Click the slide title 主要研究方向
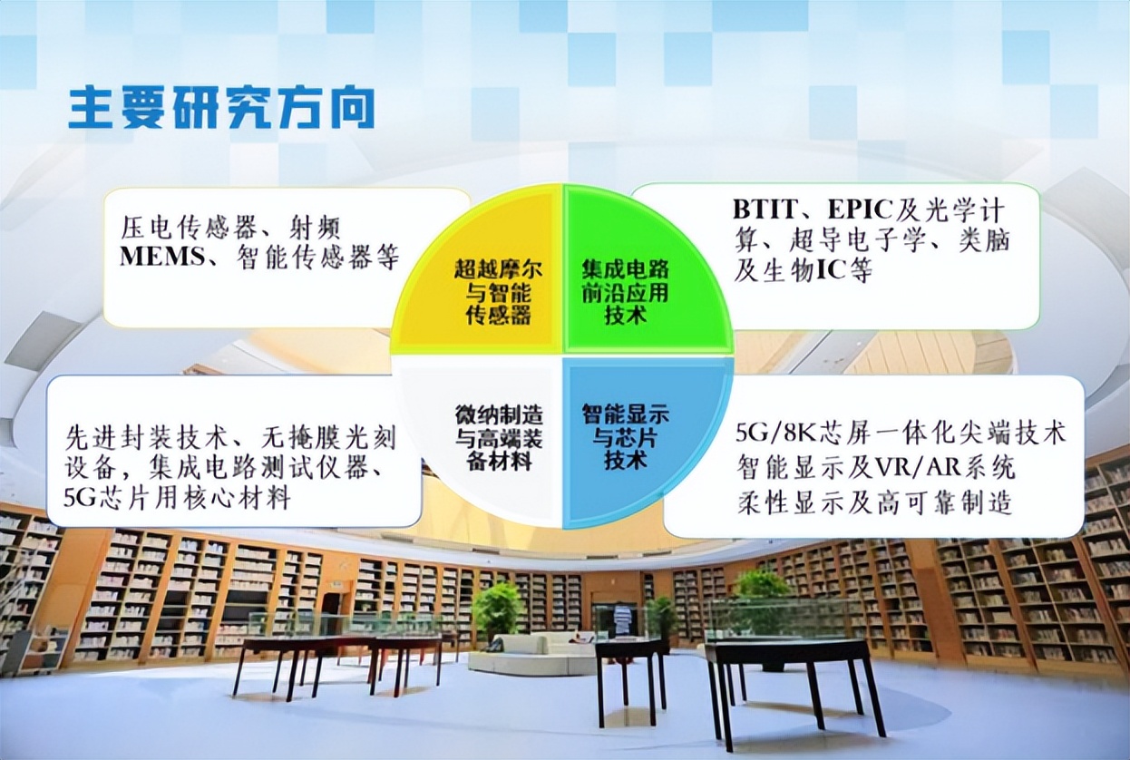pyautogui.click(x=221, y=109)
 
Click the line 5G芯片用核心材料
pyautogui.click(x=178, y=498)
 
